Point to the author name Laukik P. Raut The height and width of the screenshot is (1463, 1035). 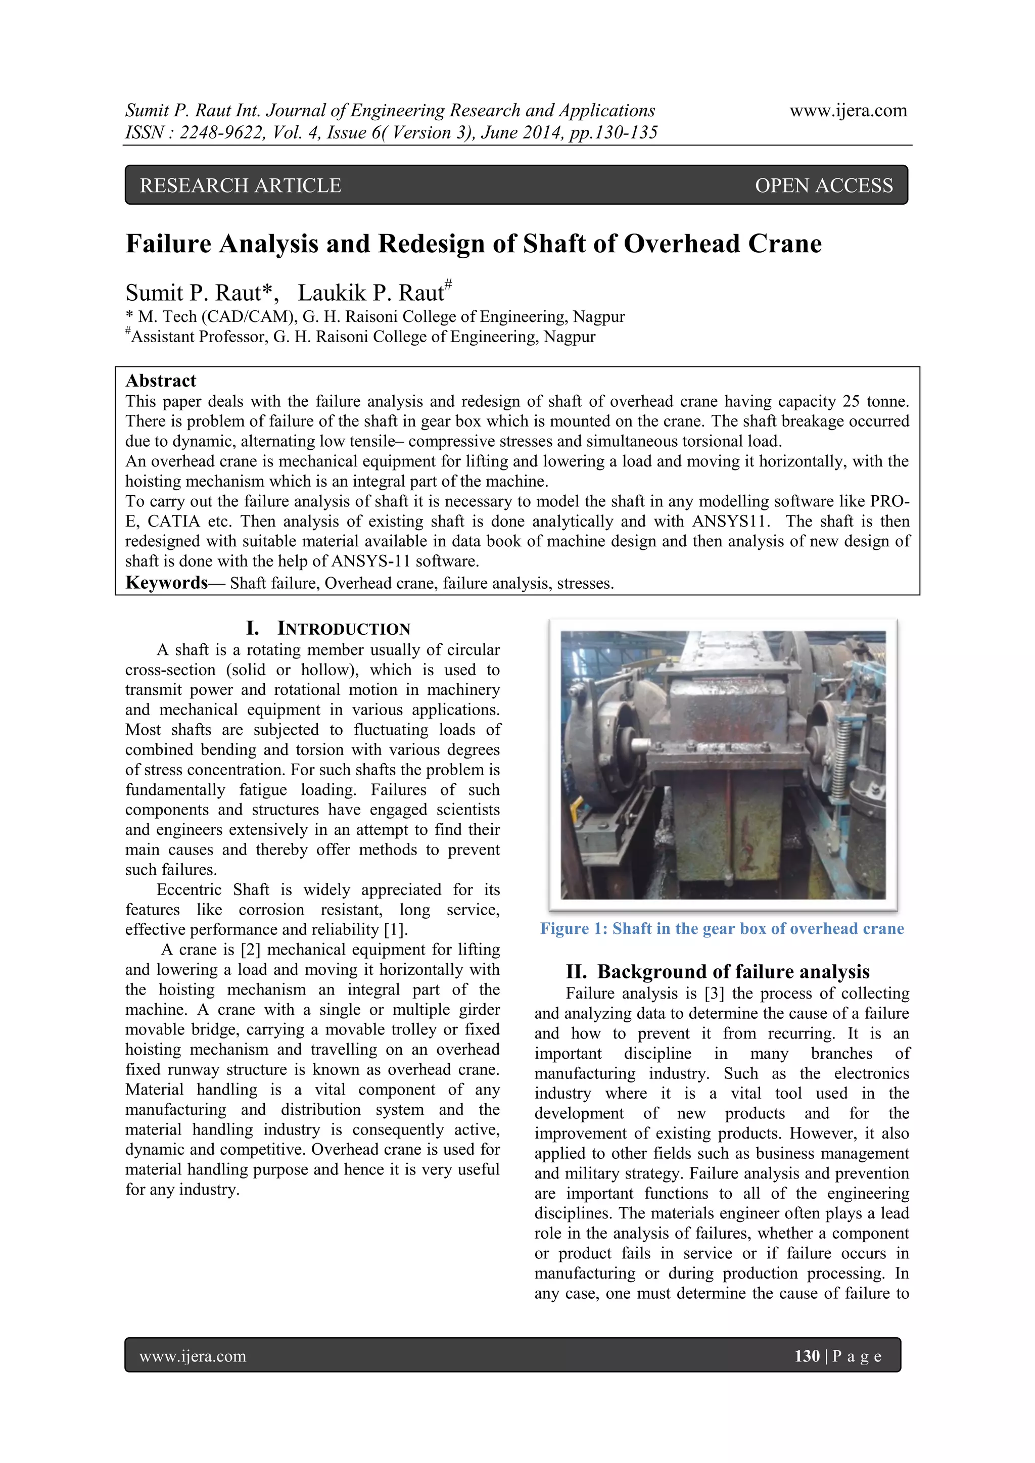tap(371, 293)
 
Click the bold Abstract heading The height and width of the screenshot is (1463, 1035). tap(161, 381)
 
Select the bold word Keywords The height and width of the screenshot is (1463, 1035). tap(166, 583)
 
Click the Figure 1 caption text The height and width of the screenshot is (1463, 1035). tap(722, 928)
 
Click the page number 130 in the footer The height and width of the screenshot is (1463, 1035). tap(806, 1356)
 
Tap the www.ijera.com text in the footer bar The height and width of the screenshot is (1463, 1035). tap(193, 1356)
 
